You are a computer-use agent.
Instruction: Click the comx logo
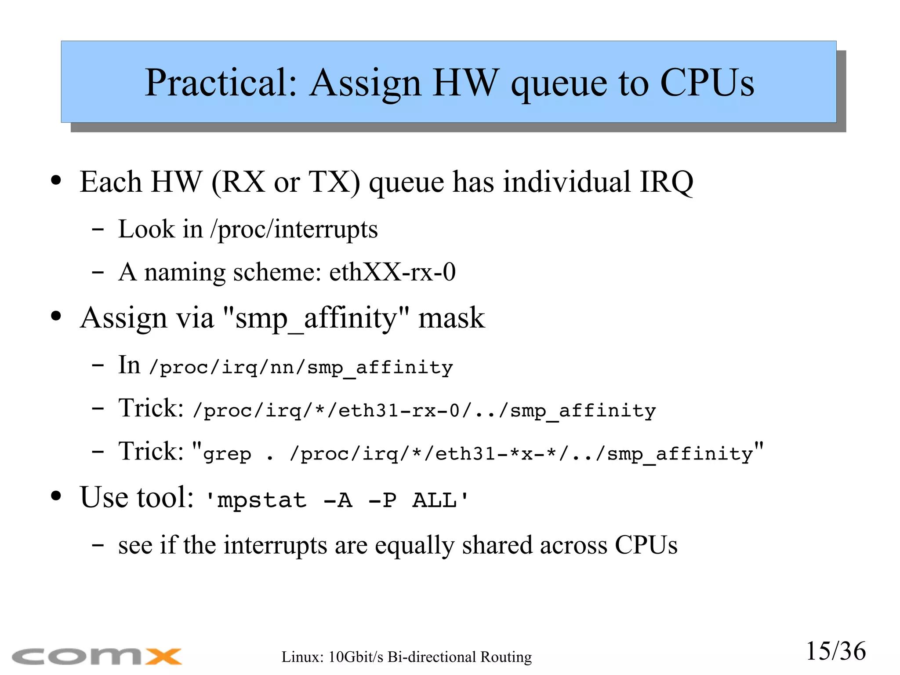[x=97, y=656]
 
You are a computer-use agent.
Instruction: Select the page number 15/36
[x=835, y=651]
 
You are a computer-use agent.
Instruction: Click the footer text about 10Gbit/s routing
[x=406, y=657]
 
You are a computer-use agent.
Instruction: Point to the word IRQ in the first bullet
[x=666, y=182]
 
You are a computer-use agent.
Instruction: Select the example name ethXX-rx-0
[x=392, y=272]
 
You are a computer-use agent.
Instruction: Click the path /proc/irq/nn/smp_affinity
[x=301, y=367]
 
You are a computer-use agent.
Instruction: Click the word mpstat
[x=262, y=500]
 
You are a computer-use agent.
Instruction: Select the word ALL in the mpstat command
[x=434, y=500]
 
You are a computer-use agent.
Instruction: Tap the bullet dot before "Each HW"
[x=56, y=180]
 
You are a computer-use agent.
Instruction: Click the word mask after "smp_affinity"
[x=451, y=318]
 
